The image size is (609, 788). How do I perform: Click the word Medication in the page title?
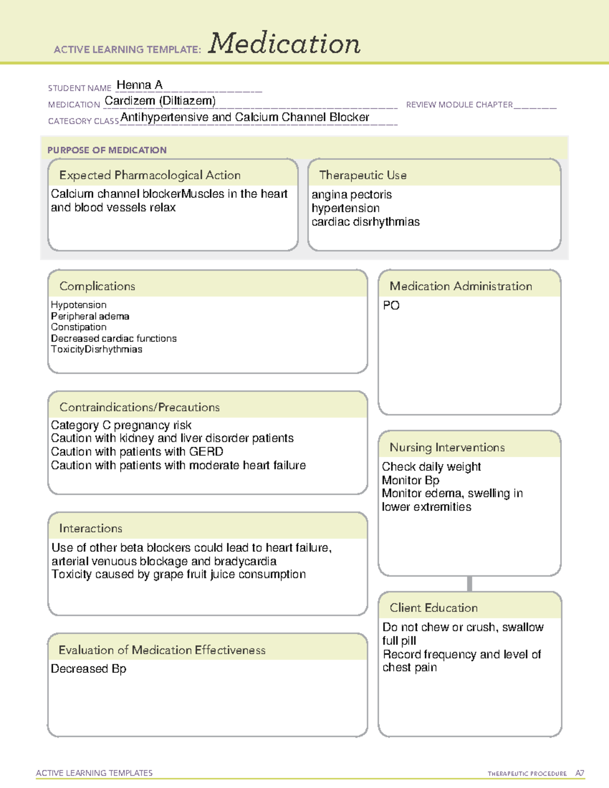tap(284, 44)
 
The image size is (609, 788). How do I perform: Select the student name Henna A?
tap(140, 85)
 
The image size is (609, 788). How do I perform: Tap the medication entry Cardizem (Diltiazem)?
tap(160, 101)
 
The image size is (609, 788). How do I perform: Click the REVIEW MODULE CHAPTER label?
tap(459, 105)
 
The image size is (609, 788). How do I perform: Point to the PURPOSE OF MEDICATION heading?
tap(107, 150)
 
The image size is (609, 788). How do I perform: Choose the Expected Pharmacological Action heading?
tap(150, 175)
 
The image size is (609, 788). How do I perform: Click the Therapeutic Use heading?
tap(362, 175)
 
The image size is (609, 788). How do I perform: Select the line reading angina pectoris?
tap(352, 195)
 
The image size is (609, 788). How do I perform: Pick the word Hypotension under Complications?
tap(79, 305)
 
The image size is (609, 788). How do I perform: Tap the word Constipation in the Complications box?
tap(79, 327)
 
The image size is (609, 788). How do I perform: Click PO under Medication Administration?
tap(391, 305)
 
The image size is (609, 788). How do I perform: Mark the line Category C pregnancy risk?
tap(121, 425)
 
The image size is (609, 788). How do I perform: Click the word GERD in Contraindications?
tap(206, 452)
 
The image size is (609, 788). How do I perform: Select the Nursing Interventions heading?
tap(447, 448)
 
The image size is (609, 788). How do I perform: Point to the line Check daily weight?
tap(431, 467)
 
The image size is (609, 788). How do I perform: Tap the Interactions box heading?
tap(91, 529)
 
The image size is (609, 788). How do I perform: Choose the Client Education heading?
tap(433, 608)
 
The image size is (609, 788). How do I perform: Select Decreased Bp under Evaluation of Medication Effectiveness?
tap(89, 669)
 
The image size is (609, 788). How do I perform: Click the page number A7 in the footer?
tap(580, 773)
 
